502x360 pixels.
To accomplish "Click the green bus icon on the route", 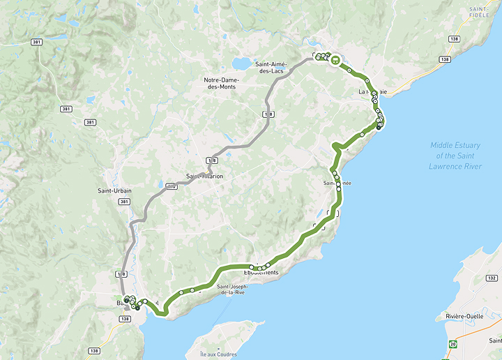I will tap(335, 60).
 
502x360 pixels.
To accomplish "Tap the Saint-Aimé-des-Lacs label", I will tap(271, 68).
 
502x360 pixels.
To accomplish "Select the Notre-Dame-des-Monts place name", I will tap(220, 83).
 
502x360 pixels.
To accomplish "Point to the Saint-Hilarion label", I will tap(205, 177).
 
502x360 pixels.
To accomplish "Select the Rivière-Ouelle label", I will tap(466, 316).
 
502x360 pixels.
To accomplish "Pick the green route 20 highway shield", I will tap(453, 344).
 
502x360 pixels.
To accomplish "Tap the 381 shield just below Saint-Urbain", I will tap(124, 202).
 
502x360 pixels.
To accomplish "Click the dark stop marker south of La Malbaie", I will tap(379, 127).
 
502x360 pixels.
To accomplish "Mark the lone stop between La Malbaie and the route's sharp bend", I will tap(363, 135).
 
